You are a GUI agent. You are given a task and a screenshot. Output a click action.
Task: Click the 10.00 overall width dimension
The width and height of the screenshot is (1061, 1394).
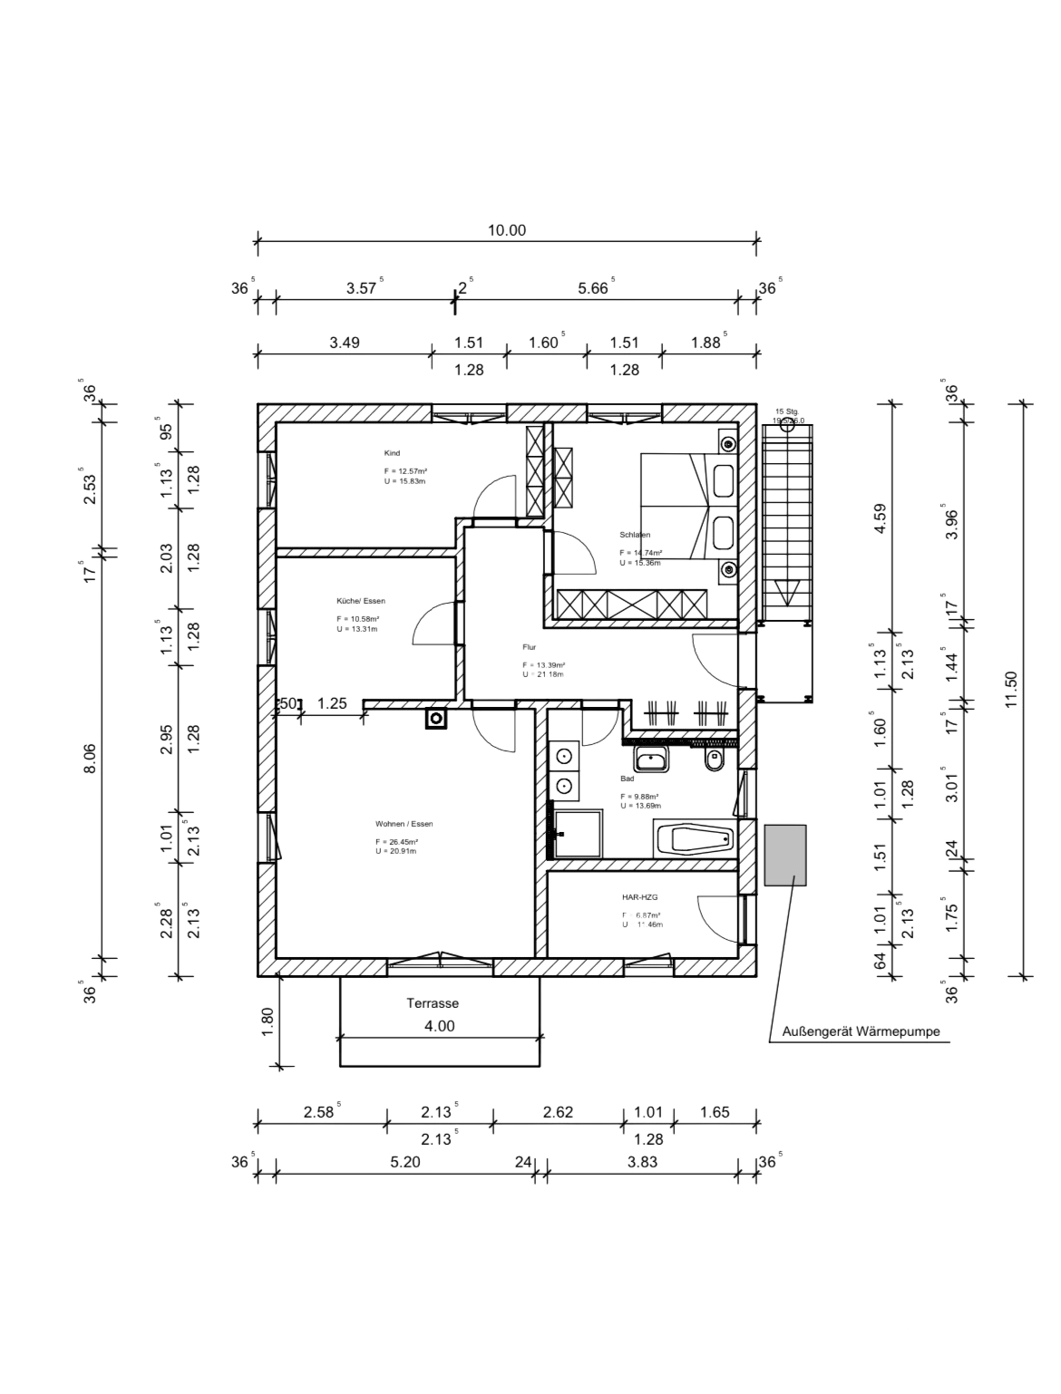pyautogui.click(x=506, y=230)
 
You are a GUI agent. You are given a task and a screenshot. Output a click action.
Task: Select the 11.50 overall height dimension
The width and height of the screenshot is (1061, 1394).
pyautogui.click(x=1012, y=691)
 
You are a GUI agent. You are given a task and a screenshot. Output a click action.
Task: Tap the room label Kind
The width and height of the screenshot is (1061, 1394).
pyautogui.click(x=392, y=453)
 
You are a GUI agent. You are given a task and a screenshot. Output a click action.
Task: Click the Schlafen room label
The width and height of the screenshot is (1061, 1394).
pyautogui.click(x=635, y=535)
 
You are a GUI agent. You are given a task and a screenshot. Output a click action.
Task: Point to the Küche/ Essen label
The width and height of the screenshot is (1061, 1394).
pyautogui.click(x=360, y=601)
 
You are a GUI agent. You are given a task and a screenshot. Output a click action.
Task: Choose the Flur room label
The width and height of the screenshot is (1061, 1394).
pyautogui.click(x=530, y=648)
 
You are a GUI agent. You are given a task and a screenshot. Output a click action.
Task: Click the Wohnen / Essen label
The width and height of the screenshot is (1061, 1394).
pyautogui.click(x=404, y=824)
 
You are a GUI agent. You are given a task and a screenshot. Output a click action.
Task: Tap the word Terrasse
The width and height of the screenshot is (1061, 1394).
pyautogui.click(x=433, y=1003)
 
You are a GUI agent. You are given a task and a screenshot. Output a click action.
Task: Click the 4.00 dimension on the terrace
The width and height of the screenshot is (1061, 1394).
pyautogui.click(x=440, y=1026)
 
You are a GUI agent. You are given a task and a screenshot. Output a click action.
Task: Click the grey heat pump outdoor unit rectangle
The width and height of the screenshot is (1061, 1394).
pyautogui.click(x=785, y=855)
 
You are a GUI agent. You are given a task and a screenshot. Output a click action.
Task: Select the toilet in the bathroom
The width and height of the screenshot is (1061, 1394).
pyautogui.click(x=715, y=760)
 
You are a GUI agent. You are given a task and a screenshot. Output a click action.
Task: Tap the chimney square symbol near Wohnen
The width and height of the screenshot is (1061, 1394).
pyautogui.click(x=436, y=720)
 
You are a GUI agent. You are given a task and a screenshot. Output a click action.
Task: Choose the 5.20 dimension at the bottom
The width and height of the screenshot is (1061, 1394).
pyautogui.click(x=405, y=1162)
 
